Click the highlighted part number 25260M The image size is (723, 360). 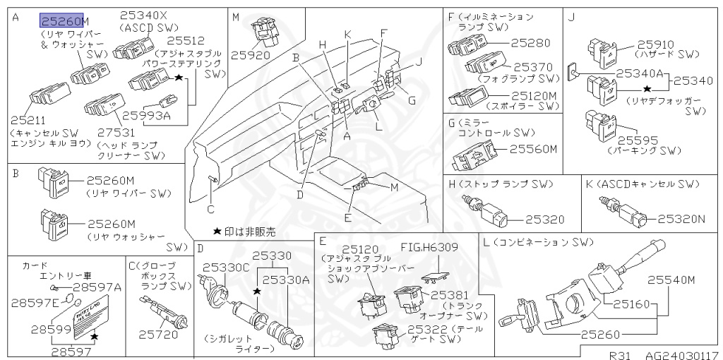point(61,20)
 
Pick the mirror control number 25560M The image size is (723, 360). point(534,149)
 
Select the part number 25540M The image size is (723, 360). point(671,280)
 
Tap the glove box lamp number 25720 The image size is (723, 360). point(158,334)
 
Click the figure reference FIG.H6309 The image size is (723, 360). point(429,247)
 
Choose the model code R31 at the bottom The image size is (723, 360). point(619,354)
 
